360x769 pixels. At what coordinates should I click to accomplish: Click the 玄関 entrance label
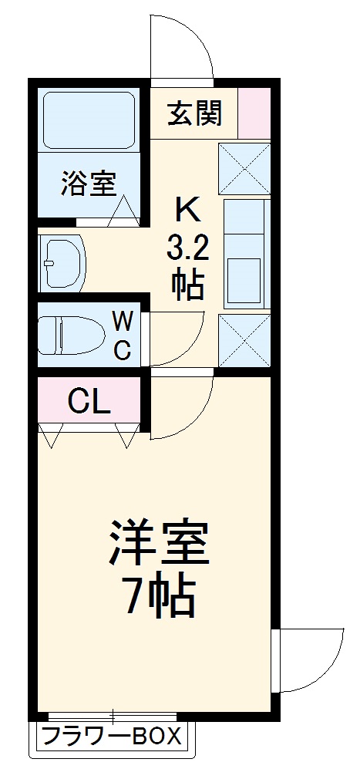[x=195, y=113]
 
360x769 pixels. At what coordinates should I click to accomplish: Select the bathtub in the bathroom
[x=89, y=119]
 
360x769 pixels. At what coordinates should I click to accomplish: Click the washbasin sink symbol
[x=62, y=263]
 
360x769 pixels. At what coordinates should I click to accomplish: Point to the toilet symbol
[x=72, y=335]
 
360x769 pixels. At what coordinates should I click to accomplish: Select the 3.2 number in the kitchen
[x=187, y=248]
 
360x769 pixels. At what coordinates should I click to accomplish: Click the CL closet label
[x=89, y=400]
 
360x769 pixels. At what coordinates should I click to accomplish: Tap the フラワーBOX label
[x=112, y=736]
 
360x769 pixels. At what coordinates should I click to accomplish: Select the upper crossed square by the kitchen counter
[x=244, y=168]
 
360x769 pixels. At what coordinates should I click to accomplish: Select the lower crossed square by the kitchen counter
[x=244, y=340]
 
